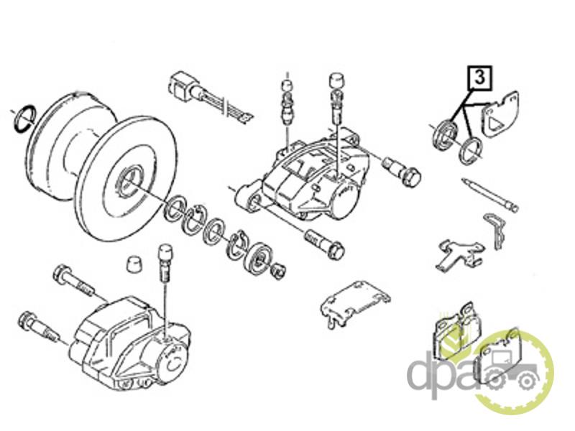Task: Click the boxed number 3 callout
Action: [480, 78]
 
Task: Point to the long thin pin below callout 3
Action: [490, 195]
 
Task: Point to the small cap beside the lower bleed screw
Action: [134, 264]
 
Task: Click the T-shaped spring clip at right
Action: [459, 254]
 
